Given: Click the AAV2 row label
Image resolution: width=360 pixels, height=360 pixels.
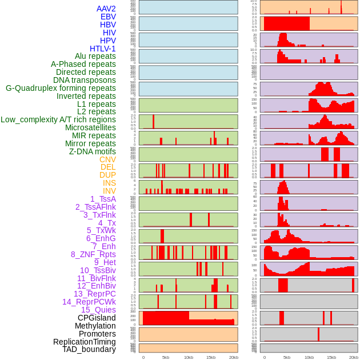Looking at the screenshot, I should (106, 9).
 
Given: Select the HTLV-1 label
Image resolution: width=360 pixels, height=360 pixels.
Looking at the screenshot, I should (103, 49).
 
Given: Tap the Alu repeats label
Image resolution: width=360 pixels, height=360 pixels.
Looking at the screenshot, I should (95, 56).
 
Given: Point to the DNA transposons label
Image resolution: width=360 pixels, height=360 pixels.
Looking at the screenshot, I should (85, 80).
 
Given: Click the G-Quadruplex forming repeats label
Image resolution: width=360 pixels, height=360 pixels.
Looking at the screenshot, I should (61, 88).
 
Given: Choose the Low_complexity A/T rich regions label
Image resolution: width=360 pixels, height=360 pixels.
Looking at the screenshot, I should (58, 119).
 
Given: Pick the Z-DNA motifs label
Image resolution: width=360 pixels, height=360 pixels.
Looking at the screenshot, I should (93, 151).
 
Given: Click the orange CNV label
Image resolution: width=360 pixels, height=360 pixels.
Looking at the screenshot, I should (107, 159).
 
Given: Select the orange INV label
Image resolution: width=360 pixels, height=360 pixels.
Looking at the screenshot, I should (109, 191).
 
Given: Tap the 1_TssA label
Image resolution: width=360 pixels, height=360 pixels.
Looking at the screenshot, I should (103, 199).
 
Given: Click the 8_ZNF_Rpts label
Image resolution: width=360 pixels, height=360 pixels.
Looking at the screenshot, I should (93, 254).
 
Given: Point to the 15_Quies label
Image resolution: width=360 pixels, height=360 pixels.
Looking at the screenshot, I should (98, 310).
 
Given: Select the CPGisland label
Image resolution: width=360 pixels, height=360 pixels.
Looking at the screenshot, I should (97, 318).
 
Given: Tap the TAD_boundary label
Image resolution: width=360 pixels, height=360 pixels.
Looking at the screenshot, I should (89, 349).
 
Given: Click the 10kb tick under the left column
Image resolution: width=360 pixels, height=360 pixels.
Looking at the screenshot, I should (189, 357).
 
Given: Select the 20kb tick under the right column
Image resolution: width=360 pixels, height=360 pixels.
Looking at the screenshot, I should (354, 357).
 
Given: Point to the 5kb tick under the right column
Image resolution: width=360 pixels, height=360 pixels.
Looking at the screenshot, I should (286, 357).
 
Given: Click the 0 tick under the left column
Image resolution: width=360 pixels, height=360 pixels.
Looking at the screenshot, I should (143, 357).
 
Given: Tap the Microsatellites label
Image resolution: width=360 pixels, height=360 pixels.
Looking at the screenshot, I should (90, 127).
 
